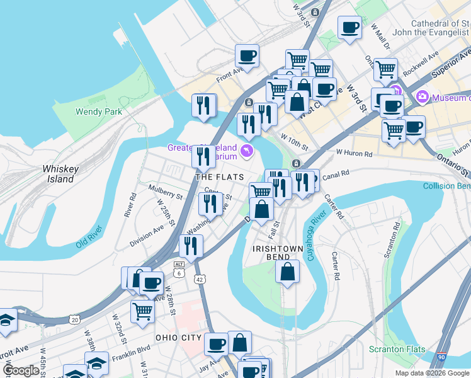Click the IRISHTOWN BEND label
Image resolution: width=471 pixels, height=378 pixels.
pyautogui.click(x=279, y=249)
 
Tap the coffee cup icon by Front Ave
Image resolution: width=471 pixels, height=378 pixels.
pyautogui.click(x=247, y=55)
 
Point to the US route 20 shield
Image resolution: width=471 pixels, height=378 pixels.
pyautogui.click(x=75, y=319)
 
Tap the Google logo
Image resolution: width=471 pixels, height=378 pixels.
pyautogui.click(x=21, y=371)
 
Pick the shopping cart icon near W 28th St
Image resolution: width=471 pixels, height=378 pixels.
pyautogui.click(x=143, y=311)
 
